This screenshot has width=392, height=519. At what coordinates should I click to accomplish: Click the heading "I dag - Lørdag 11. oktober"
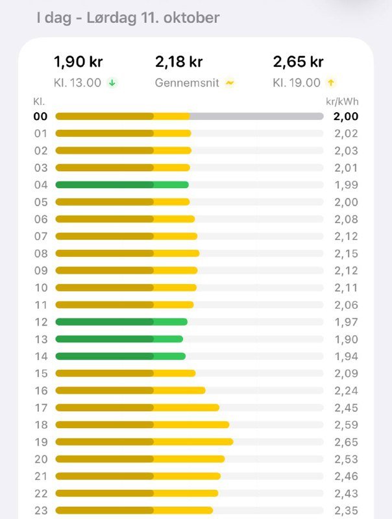point(128,18)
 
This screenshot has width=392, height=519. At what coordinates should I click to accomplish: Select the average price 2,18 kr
point(178,62)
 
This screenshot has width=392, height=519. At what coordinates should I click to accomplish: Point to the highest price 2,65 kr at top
point(298,62)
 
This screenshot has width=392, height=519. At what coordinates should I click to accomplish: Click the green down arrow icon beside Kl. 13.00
point(112,83)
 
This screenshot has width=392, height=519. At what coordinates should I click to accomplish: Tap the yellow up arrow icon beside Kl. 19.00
point(331,83)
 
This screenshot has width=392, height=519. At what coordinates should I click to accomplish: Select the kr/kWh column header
point(342,102)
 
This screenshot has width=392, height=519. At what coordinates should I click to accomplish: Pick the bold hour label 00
point(41,116)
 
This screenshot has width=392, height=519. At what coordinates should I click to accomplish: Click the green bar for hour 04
point(122,185)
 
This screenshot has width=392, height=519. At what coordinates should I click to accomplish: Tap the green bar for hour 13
point(119,339)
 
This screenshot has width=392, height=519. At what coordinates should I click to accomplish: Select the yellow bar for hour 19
point(144,442)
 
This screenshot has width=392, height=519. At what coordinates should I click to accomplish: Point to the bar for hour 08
point(127,253)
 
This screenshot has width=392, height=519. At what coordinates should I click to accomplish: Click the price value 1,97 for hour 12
point(346,322)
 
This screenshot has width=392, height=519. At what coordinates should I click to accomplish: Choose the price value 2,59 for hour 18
point(346,424)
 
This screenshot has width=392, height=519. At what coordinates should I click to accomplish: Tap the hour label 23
point(41,510)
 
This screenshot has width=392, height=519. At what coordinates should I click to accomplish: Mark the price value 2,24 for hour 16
point(346,391)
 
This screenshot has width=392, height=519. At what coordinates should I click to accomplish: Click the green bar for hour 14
point(121,356)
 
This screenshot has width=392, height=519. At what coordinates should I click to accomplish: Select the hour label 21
point(41,476)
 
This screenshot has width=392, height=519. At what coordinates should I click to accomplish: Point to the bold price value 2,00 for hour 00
point(345,116)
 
